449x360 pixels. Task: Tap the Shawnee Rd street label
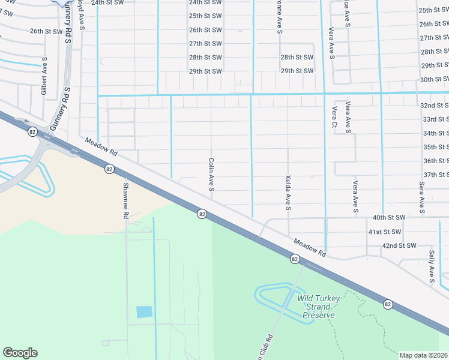tap(126, 200)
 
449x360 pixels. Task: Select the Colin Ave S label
tap(211, 175)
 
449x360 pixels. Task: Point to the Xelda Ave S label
tap(288, 192)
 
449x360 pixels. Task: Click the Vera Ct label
tap(334, 117)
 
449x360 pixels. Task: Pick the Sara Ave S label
tap(422, 198)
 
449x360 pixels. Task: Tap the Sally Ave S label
tap(431, 268)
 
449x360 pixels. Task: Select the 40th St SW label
tap(389, 217)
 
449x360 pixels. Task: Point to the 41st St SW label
tap(384, 232)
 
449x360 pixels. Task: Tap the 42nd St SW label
tap(399, 245)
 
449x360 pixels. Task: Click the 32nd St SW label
tap(434, 105)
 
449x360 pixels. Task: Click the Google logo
tap(20, 353)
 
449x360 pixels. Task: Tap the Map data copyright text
tap(423, 355)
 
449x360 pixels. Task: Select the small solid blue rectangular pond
tap(144, 311)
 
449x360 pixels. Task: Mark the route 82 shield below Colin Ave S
tap(202, 214)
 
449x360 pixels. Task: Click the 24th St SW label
tap(107, 2)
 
